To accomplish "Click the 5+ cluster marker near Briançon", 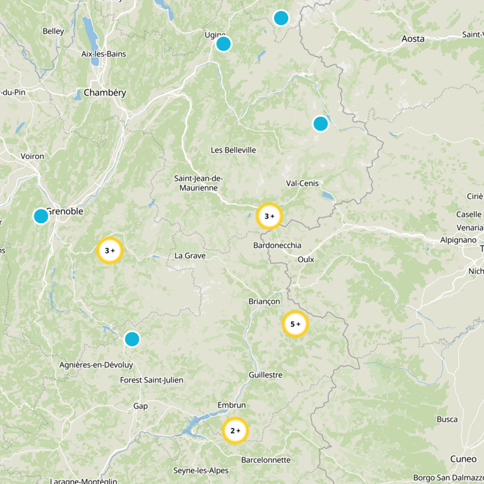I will tap(295, 324).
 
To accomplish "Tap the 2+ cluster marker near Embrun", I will tap(235, 431).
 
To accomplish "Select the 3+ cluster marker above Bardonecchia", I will tap(269, 216).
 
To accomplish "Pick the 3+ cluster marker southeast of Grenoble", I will tap(110, 250).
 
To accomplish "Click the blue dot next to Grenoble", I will tap(41, 216).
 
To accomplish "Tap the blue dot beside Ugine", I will tap(223, 44).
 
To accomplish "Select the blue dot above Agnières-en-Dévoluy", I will tap(132, 339).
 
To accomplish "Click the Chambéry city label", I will tap(105, 93).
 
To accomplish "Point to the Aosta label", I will tap(413, 39).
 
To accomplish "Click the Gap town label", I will tap(140, 406).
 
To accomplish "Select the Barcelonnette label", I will tap(266, 460).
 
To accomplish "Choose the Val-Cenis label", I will tap(302, 183).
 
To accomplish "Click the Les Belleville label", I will tap(233, 150).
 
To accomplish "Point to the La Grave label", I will tap(190, 255).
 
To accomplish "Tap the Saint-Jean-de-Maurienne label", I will tap(199, 183).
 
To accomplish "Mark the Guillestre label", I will tap(265, 374).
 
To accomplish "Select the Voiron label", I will tap(33, 156).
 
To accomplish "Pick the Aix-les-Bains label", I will tap(103, 54).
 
